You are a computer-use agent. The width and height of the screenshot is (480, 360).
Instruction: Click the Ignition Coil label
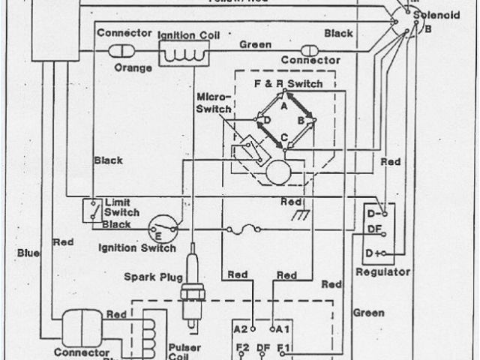(x=187, y=34)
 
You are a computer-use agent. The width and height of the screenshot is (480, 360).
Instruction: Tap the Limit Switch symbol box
(x=92, y=210)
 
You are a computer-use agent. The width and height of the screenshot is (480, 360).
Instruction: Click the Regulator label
(x=384, y=271)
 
